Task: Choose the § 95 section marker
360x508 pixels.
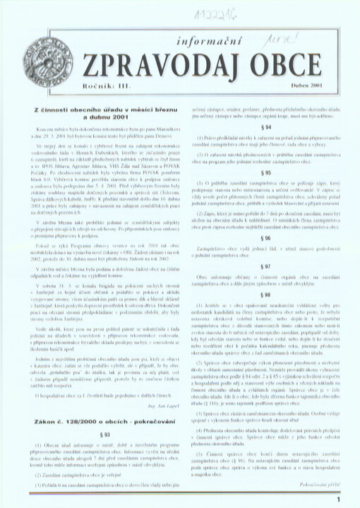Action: tap(265, 172)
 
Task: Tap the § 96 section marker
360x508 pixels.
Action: tap(265, 238)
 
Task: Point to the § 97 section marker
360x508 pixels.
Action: tap(265, 266)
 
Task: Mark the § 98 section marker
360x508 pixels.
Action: tap(265, 295)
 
